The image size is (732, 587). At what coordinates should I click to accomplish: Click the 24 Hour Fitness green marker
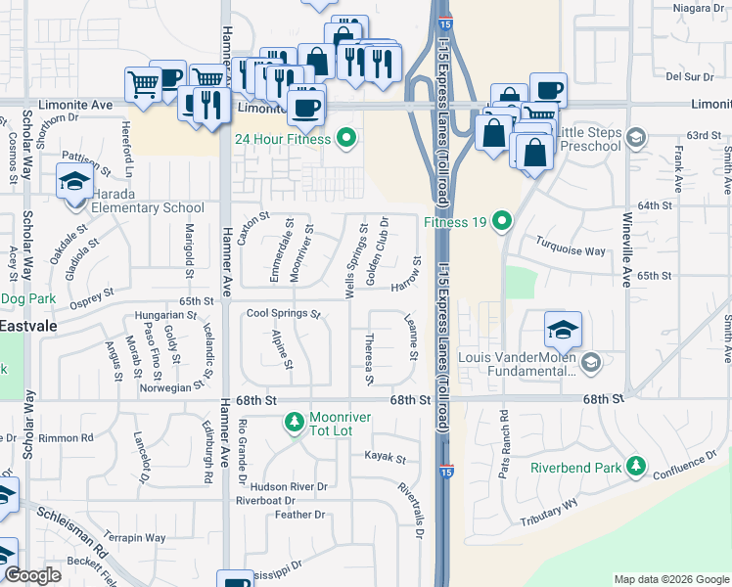344,138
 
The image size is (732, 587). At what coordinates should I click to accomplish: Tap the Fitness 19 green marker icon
502,221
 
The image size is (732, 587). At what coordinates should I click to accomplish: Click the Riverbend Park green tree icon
636,467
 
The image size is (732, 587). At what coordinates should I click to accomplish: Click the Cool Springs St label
283,314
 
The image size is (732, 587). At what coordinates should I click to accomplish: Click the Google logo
32,575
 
